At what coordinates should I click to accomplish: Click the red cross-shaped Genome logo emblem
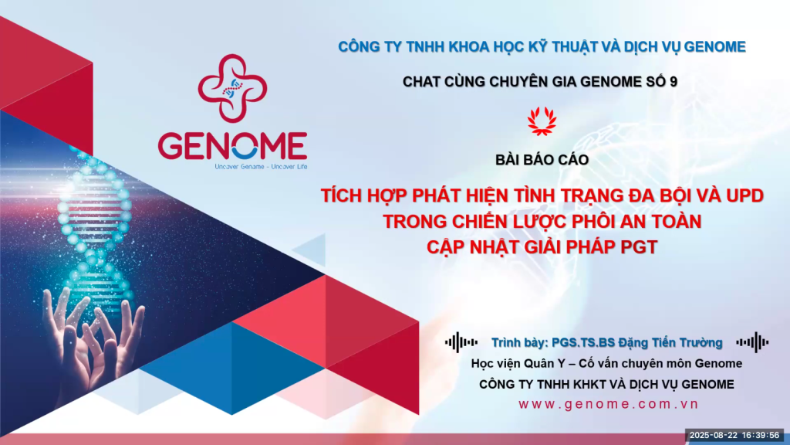[x=232, y=88]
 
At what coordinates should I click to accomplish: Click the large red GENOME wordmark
[x=233, y=146]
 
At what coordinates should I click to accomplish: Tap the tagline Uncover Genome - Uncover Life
[x=261, y=167]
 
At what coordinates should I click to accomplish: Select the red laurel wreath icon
[x=542, y=121]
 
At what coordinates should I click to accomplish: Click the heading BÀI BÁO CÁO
[x=542, y=160]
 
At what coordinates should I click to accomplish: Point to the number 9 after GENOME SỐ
[x=674, y=82]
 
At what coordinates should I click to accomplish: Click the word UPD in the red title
[x=744, y=195]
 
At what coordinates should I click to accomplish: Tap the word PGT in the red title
[x=639, y=247]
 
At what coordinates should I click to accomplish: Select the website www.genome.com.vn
[x=609, y=404]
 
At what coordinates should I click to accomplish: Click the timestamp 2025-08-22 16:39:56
[x=734, y=436]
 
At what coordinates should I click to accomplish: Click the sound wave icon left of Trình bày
[x=461, y=342]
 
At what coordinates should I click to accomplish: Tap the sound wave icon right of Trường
[x=752, y=342]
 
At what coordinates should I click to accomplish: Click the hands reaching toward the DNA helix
[x=93, y=338]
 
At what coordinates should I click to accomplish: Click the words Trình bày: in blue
[x=520, y=342]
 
